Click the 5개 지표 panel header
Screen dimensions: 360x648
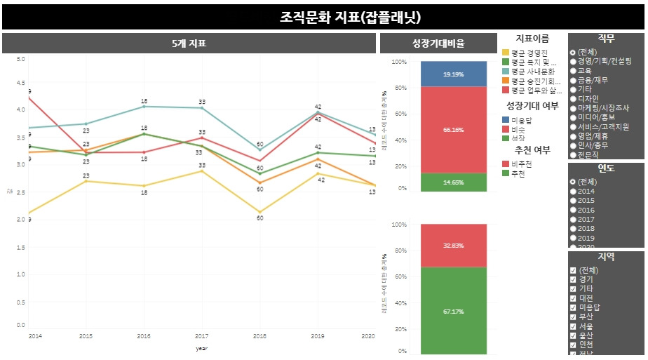pyautogui.click(x=189, y=44)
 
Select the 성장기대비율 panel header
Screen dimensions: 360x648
pyautogui.click(x=438, y=44)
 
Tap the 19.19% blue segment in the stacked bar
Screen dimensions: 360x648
pyautogui.click(x=453, y=74)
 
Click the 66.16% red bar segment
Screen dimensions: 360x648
pyautogui.click(x=453, y=130)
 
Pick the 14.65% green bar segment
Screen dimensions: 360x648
pyautogui.click(x=453, y=182)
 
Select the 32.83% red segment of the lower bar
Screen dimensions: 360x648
pyautogui.click(x=453, y=246)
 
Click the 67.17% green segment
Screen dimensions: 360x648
pyautogui.click(x=453, y=311)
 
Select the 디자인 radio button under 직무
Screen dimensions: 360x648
pyautogui.click(x=574, y=99)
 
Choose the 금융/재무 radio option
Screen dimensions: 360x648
pyautogui.click(x=574, y=80)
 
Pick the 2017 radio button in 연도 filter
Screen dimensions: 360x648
pyautogui.click(x=574, y=220)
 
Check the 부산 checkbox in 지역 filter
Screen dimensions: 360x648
pyautogui.click(x=574, y=317)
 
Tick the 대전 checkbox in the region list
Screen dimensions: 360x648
pyautogui.click(x=574, y=298)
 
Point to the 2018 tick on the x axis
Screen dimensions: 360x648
pyautogui.click(x=259, y=337)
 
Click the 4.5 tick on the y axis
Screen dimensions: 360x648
pyautogui.click(x=20, y=84)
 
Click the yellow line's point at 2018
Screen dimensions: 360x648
pyautogui.click(x=259, y=212)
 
